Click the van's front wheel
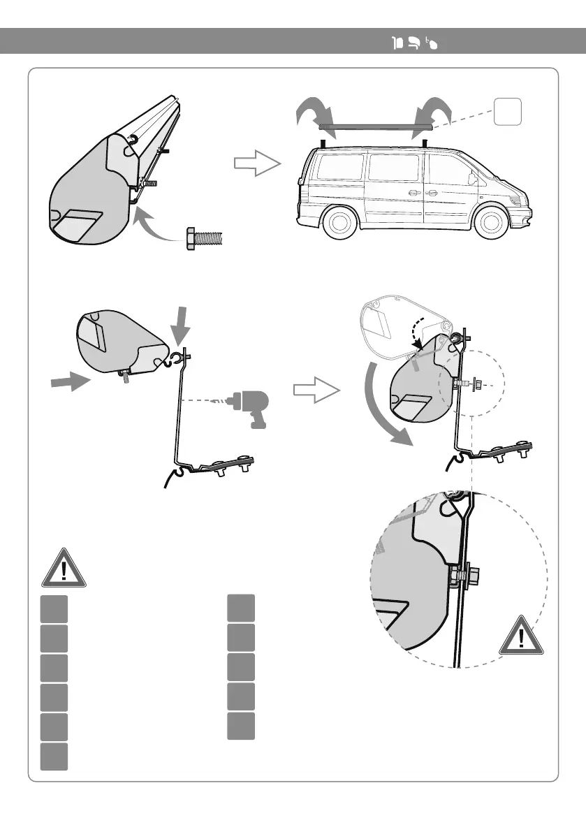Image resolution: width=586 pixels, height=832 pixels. coord(490,223)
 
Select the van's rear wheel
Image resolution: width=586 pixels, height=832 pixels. coord(339,223)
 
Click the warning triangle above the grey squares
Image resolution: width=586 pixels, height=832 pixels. coord(64,568)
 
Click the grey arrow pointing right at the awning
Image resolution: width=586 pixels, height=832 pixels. coord(69,381)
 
